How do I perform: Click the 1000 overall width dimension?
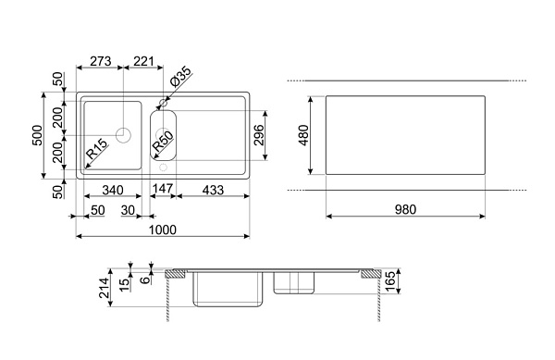click(163, 230)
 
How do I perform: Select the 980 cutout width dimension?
click(405, 209)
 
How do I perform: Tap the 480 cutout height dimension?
click(303, 135)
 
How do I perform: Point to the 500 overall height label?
click(37, 135)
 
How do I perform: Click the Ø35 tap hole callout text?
click(180, 77)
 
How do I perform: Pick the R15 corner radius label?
click(96, 149)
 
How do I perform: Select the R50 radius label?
click(163, 142)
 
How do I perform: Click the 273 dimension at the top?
click(101, 61)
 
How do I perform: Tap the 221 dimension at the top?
click(143, 61)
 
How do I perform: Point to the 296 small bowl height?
click(259, 135)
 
